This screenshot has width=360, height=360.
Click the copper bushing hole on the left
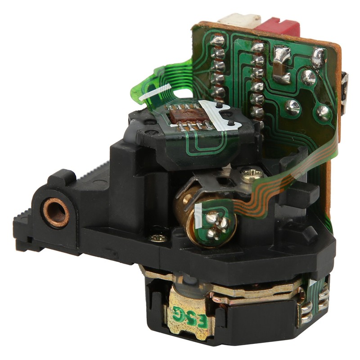56,212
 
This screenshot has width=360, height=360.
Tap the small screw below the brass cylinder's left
158,237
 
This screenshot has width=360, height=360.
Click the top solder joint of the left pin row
217,41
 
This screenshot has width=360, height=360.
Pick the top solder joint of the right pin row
258,47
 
